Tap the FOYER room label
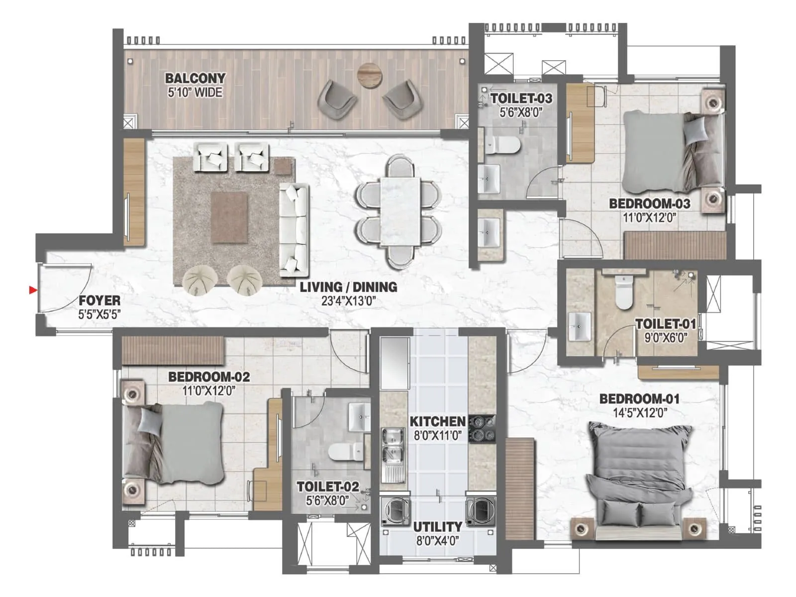coord(99,300)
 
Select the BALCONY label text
coord(195,78)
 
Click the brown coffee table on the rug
coord(229,218)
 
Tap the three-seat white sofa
coord(294,230)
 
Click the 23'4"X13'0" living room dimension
coord(348,300)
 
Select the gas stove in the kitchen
coord(482,429)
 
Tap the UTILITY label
coord(437,526)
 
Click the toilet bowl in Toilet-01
coord(624,294)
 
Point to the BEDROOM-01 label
coord(639,399)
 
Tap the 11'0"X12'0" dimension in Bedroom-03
coord(650,217)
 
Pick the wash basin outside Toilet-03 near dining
coord(489,233)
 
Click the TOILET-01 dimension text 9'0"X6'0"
coord(665,338)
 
